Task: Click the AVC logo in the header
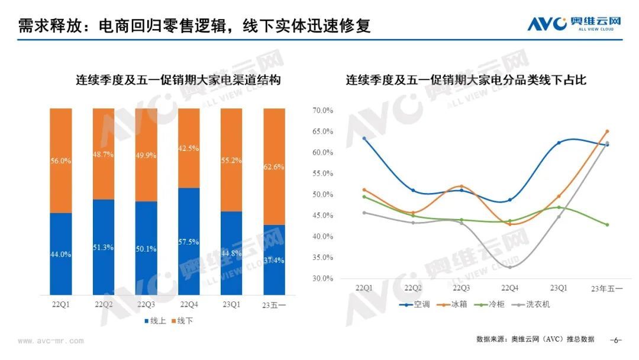point(574,24)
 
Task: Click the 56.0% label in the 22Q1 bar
point(61,160)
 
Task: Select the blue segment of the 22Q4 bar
point(189,241)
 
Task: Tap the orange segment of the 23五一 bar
point(274,166)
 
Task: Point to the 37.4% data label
point(274,260)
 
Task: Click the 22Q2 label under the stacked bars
point(104,304)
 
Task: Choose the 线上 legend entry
point(155,321)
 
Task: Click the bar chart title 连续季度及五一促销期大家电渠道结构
point(177,80)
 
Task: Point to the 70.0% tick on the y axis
point(324,111)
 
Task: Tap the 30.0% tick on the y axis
point(324,278)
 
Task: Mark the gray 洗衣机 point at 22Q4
point(510,267)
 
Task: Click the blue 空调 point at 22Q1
point(364,139)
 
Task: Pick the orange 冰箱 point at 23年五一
point(607,131)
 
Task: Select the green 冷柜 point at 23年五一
point(607,225)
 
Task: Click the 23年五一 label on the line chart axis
point(607,288)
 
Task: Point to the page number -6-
point(616,340)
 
